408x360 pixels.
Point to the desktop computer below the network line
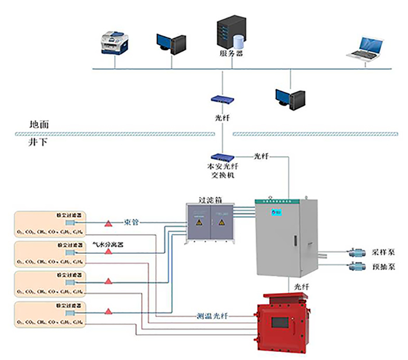click(290, 98)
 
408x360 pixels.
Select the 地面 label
click(40, 125)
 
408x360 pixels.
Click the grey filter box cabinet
click(209, 223)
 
